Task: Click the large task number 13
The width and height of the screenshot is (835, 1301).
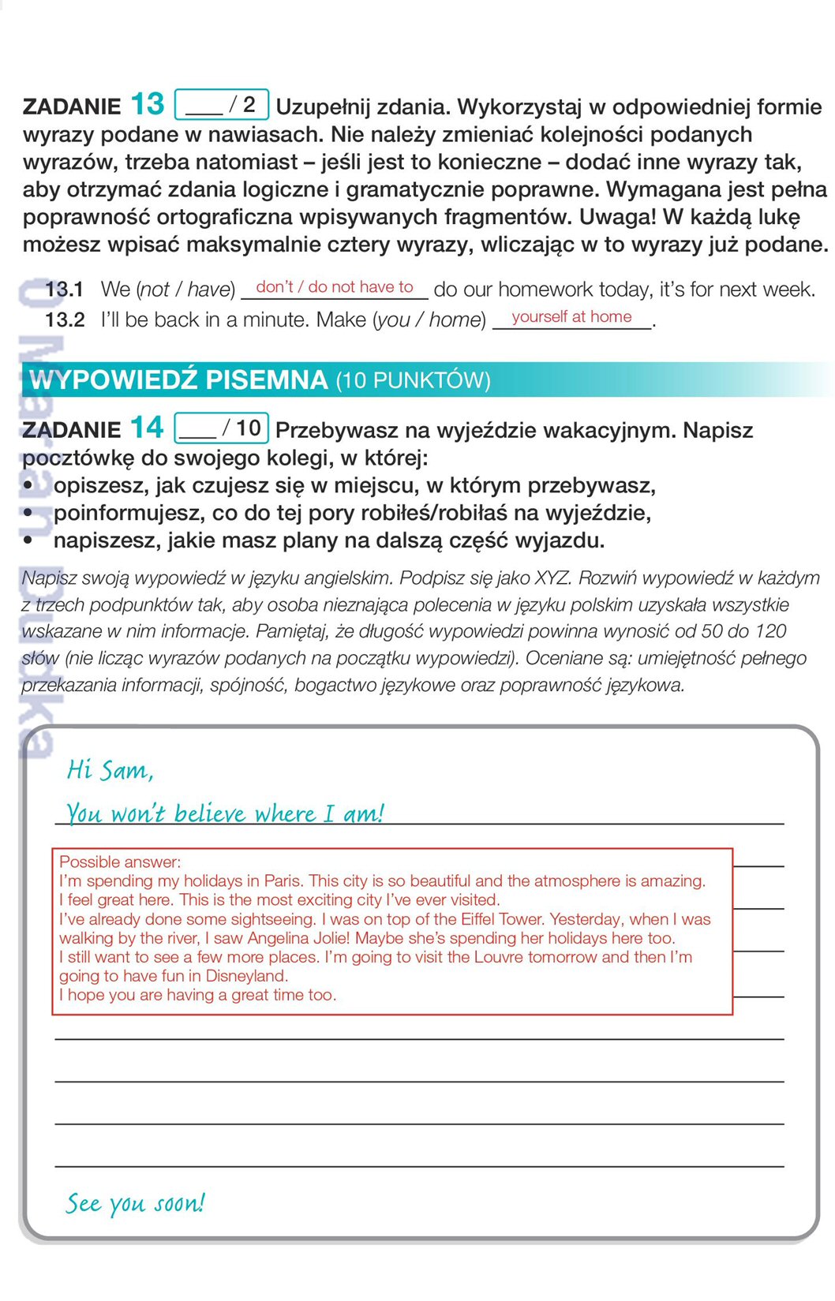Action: [x=147, y=104]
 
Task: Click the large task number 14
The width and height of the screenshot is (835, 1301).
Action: [x=146, y=428]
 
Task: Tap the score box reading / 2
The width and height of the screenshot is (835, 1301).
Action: [x=222, y=104]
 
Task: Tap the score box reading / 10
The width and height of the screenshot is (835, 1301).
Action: [x=222, y=428]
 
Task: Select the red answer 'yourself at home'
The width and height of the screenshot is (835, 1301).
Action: [x=571, y=317]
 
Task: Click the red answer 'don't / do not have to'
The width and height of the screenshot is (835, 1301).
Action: [x=335, y=287]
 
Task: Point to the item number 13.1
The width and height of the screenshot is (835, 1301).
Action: [x=64, y=290]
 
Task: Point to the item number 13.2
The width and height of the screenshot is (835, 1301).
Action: [x=65, y=320]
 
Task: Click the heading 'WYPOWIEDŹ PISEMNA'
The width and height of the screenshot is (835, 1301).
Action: [x=178, y=380]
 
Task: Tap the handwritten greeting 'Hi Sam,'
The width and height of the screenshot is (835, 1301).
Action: [x=110, y=769]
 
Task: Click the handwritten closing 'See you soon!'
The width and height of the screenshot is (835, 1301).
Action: [x=135, y=1203]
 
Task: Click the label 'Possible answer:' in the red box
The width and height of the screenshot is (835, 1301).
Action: [x=120, y=862]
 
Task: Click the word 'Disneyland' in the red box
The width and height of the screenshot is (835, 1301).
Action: [x=245, y=976]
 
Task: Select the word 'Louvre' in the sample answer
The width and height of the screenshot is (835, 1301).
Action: [x=499, y=957]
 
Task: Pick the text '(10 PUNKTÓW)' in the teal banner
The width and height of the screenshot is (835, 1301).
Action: [x=413, y=380]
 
